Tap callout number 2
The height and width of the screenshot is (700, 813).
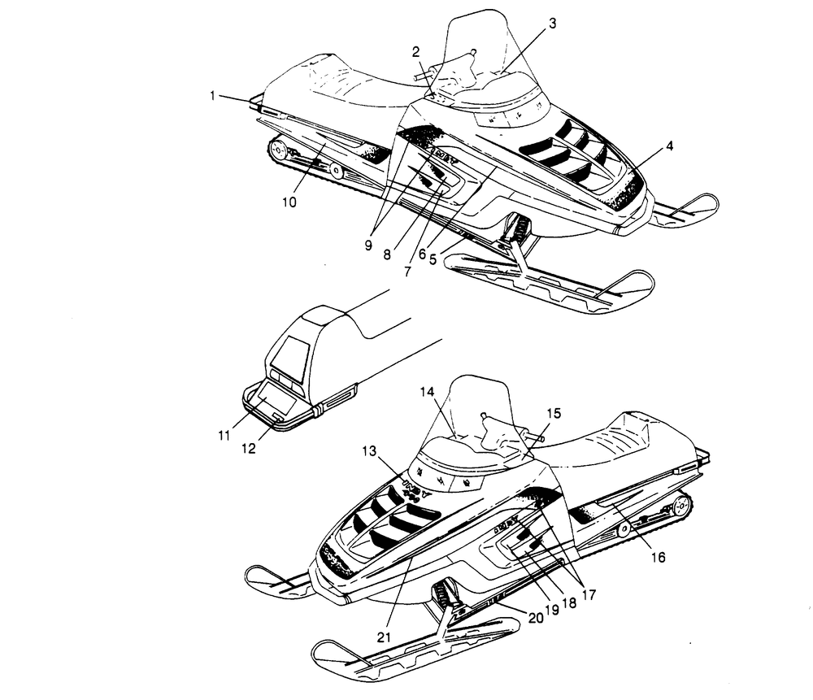(x=416, y=52)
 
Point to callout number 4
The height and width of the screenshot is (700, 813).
(x=669, y=146)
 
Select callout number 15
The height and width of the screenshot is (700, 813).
(x=553, y=413)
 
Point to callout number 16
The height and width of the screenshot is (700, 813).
(x=659, y=557)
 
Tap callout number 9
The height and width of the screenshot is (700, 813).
(x=371, y=241)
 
